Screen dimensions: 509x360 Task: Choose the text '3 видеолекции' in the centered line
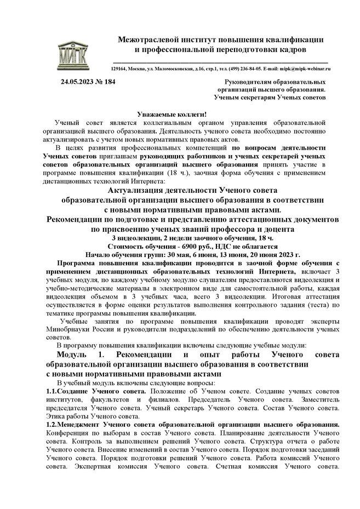pos(135,238)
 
